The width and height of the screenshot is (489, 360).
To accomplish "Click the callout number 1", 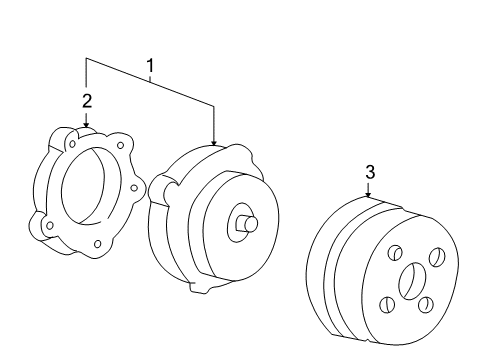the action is point(151,66).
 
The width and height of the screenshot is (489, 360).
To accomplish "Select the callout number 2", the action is point(87,101).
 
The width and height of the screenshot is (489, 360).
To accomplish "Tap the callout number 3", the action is point(370,172).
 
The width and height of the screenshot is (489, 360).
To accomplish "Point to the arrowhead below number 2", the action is point(86,125).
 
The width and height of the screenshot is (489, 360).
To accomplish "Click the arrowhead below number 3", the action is point(368,195).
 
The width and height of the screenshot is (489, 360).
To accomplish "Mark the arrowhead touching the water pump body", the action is point(214,143).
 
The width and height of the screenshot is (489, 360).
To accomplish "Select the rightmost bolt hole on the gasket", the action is point(134,188).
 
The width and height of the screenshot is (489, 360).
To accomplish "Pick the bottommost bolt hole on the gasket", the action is point(97,244).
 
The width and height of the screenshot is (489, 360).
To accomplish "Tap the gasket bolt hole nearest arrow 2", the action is point(72,144).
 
